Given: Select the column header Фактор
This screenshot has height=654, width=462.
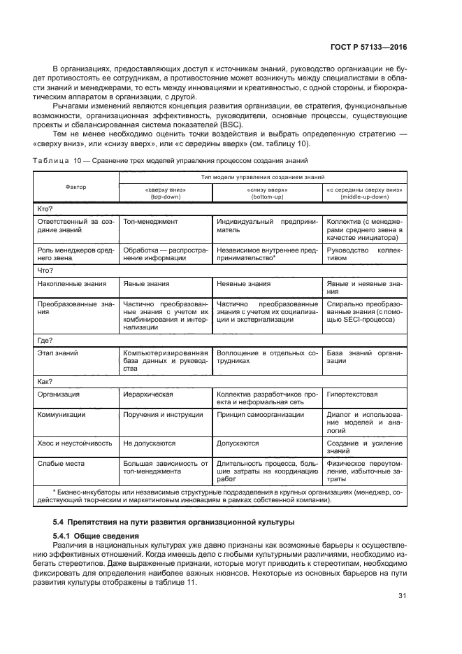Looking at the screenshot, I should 75,187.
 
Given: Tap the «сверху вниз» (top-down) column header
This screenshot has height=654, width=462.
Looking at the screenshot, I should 165,193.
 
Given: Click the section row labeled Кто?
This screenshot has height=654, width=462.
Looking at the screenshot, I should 45,208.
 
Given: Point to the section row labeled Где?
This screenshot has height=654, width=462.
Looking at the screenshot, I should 45,340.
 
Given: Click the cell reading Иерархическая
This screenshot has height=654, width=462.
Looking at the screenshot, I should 148,394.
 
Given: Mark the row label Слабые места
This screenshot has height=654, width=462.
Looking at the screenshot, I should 57,463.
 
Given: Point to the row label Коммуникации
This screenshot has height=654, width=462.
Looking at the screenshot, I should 61,415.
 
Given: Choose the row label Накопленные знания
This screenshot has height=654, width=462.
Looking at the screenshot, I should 71,284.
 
